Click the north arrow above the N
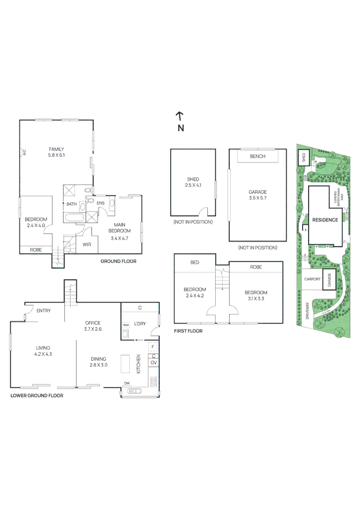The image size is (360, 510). click(180, 116)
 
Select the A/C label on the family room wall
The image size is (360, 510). click(24, 152)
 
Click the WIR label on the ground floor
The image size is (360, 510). click(87, 244)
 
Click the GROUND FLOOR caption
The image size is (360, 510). click(118, 261)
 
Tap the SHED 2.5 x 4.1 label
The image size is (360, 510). click(193, 182)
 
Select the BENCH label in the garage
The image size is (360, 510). click(258, 156)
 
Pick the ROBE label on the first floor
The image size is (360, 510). click(256, 267)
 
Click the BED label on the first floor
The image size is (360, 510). click(194, 262)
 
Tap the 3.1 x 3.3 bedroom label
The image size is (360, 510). click(256, 296)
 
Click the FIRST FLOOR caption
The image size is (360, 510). click(188, 331)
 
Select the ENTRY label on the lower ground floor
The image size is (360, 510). click(43, 310)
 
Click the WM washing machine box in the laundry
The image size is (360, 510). click(126, 325)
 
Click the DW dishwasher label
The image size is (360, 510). click(127, 383)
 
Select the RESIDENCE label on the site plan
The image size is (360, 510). click(325, 220)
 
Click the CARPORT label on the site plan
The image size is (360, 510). click(312, 279)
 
